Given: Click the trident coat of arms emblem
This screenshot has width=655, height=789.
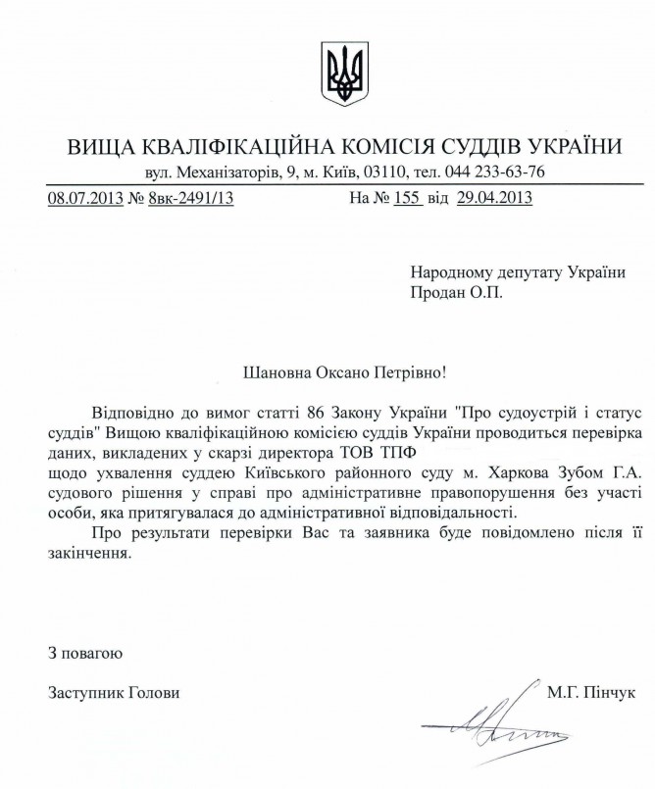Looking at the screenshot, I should tap(343, 73).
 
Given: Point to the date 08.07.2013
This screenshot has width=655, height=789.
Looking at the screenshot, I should tap(85, 198).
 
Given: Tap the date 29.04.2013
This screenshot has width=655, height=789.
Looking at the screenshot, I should tap(494, 198).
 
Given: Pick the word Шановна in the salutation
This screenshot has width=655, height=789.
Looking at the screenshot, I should tap(275, 372).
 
